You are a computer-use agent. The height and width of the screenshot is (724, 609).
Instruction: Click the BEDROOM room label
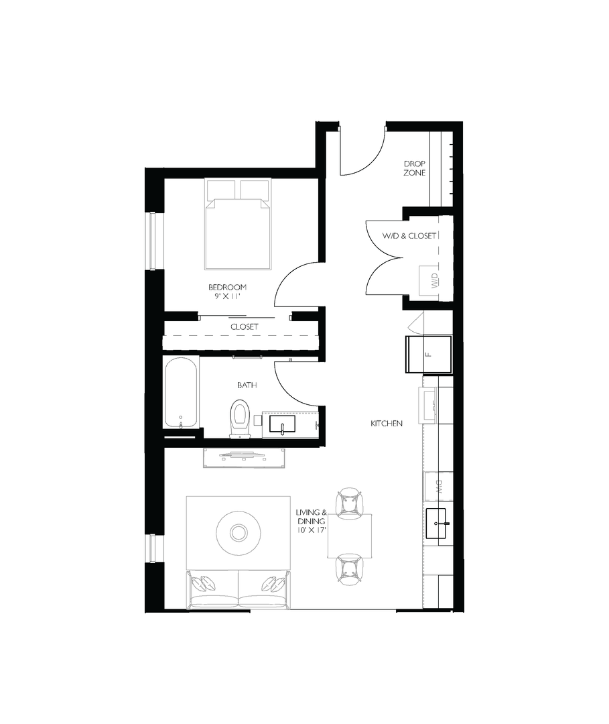(x=227, y=287)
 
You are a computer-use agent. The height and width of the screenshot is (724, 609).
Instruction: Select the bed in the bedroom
(x=238, y=224)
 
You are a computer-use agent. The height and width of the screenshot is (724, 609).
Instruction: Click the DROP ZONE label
(x=414, y=168)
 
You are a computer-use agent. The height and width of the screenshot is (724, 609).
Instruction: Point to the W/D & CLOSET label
(x=409, y=236)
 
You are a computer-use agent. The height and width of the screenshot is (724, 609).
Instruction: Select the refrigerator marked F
(x=429, y=353)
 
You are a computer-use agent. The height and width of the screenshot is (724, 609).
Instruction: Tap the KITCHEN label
(x=387, y=424)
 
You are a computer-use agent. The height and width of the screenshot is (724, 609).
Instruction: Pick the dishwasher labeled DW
(x=438, y=487)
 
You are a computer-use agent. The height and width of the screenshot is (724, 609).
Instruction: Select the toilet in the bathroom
(x=239, y=417)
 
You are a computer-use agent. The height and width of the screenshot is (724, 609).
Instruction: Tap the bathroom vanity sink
(x=282, y=424)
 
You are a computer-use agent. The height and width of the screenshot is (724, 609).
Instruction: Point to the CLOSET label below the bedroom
(x=244, y=326)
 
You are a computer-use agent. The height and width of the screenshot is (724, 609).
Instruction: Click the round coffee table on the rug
(x=238, y=533)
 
